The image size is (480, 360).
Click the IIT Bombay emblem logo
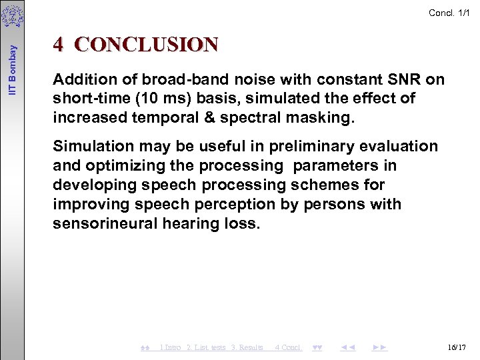(13, 16)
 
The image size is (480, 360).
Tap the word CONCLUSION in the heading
(147, 44)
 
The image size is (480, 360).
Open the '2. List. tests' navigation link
(206, 347)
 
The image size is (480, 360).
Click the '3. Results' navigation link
(247, 347)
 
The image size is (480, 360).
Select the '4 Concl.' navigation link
(289, 347)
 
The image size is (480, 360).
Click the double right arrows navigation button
(380, 347)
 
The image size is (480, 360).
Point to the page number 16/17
(457, 347)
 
